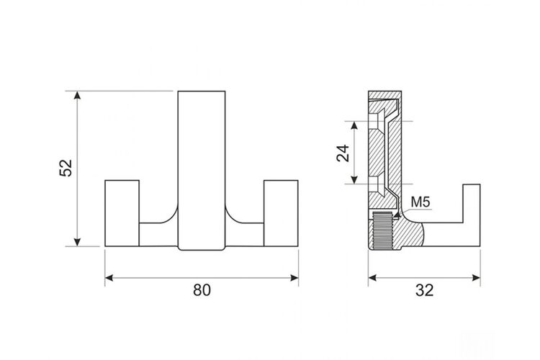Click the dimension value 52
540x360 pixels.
tap(66, 168)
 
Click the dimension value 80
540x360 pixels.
tap(202, 290)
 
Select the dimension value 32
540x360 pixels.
tap(424, 290)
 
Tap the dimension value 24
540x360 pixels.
tap(343, 153)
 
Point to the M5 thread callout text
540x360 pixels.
tap(420, 202)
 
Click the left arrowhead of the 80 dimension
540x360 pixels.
tap(109, 278)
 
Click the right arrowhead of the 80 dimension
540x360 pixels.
tap(294, 278)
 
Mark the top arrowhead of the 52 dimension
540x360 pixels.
tap(77, 96)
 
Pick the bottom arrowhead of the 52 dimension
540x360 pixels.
tap(77, 242)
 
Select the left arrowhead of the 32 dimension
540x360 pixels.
tap(372, 278)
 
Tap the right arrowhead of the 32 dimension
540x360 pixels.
tap(477, 278)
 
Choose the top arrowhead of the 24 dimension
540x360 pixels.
tap(354, 125)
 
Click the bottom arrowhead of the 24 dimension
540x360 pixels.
tap(354, 180)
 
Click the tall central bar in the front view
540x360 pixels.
tap(202, 170)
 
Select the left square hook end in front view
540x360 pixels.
tap(122, 213)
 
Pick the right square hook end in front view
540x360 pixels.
tap(281, 213)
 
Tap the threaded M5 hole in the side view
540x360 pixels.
tap(382, 230)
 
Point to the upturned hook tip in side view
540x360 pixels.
tap(472, 203)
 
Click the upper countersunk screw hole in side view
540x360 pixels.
tap(377, 120)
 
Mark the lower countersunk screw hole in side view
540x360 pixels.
tap(377, 184)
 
